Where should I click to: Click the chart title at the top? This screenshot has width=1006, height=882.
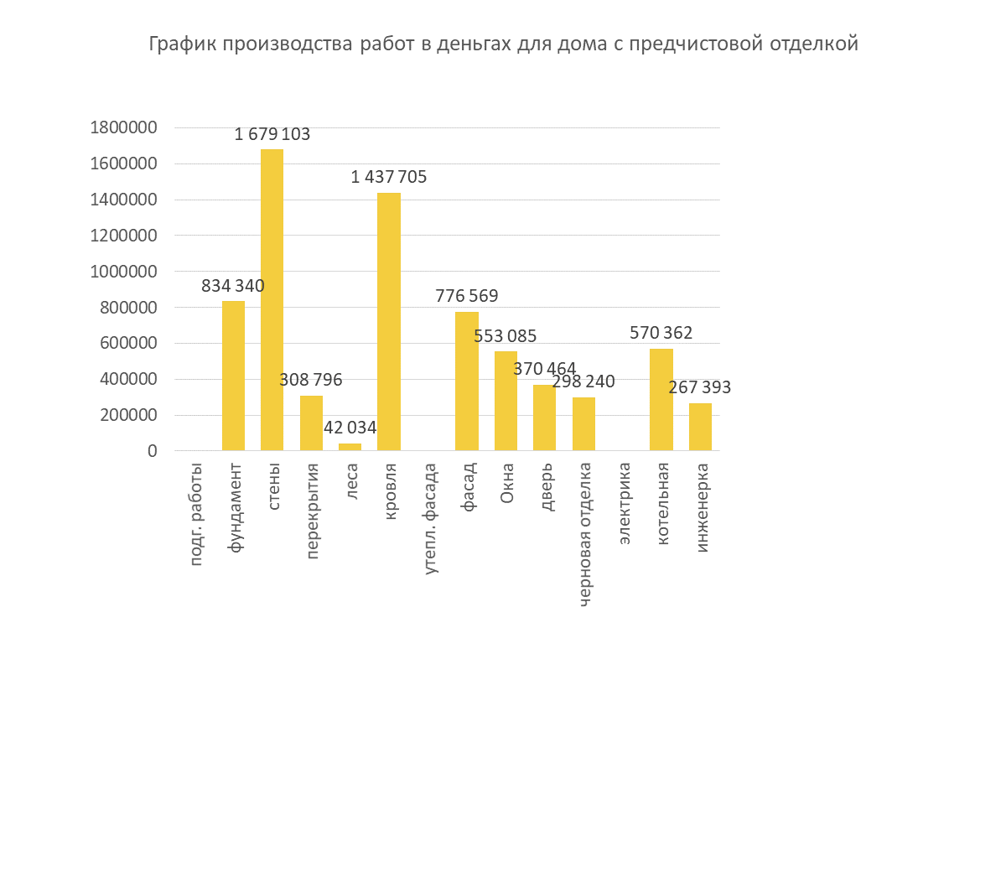pos(503,44)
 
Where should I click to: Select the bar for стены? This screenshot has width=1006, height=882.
pos(272,300)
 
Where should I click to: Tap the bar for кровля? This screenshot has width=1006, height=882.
pos(389,322)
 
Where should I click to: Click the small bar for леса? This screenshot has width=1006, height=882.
pos(350,447)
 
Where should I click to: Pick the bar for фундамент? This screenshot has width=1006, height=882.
pos(233,376)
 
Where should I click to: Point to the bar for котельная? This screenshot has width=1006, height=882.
pos(661,400)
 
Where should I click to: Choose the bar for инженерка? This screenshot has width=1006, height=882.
pos(700,427)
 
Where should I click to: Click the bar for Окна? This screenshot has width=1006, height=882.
pos(506,402)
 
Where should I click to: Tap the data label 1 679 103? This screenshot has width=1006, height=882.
pos(272,134)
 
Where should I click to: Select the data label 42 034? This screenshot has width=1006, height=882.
pos(350,428)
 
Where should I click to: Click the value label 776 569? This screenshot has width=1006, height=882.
pos(467,296)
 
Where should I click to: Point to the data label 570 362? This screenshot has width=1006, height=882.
pos(661,333)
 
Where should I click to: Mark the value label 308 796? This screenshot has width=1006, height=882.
pos(311,380)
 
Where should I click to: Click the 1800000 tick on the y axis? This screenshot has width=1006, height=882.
pos(123,127)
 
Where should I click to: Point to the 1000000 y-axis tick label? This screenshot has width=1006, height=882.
pos(123,272)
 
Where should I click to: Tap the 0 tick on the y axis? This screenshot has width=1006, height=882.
pos(152,451)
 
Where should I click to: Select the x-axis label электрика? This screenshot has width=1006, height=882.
pos(625,504)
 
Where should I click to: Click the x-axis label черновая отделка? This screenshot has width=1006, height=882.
pos(585,534)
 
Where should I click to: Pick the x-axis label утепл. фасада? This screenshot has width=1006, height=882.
pos(430,519)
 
